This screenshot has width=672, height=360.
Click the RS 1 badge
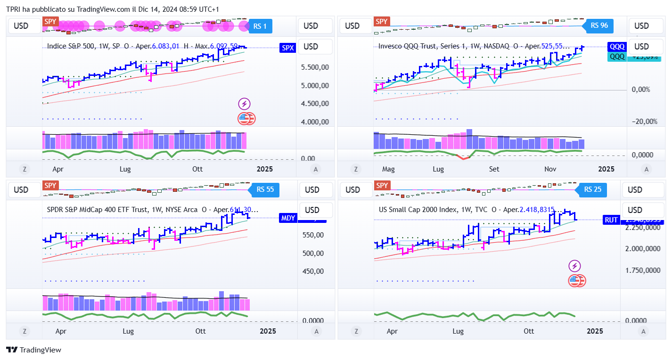[x=260, y=26]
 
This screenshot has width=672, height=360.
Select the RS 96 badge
[x=599, y=25]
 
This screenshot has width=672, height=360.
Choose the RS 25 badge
[x=592, y=190]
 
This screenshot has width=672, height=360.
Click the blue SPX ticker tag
[x=287, y=48]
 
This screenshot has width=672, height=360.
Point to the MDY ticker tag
[x=288, y=218]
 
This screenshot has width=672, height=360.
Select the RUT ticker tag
[x=611, y=220]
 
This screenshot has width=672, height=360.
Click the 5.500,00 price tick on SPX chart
[x=315, y=67]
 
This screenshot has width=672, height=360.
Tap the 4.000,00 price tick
[x=315, y=122]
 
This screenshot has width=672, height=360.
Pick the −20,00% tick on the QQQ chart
[x=644, y=122]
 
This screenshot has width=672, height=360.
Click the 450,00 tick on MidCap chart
[x=313, y=271]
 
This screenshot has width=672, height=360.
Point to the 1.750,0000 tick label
[x=644, y=270]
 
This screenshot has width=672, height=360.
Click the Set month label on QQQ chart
[x=494, y=169]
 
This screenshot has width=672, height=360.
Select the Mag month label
[x=388, y=169]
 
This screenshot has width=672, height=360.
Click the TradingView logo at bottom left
[x=33, y=350]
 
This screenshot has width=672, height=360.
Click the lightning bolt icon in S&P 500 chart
[x=245, y=104]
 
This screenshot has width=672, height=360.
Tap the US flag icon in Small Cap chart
[x=574, y=281]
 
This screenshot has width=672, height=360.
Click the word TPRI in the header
[x=13, y=9]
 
